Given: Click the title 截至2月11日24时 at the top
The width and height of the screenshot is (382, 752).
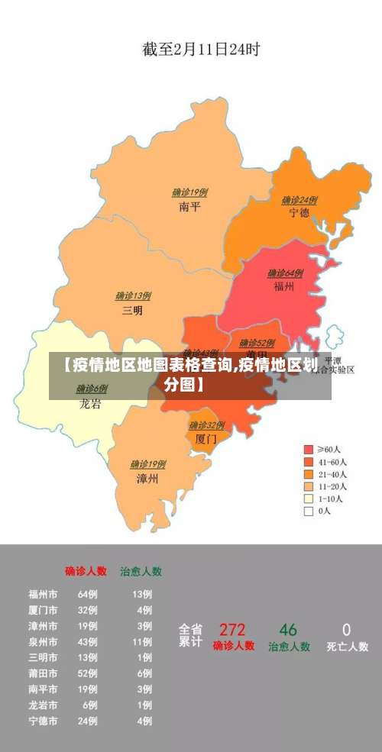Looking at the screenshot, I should [201, 50].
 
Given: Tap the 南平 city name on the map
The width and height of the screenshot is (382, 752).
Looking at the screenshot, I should [189, 207].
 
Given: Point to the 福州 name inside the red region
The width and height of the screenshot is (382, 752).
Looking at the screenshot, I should [284, 287].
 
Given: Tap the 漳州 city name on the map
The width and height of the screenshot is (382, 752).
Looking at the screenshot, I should [147, 479].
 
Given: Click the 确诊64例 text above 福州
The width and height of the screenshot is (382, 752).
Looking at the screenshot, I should [285, 273].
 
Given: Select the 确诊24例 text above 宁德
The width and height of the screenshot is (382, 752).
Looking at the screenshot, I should [299, 200].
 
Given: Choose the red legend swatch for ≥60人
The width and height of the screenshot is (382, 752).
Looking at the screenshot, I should [309, 449].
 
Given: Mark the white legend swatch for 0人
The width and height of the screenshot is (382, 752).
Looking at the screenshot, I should [309, 512].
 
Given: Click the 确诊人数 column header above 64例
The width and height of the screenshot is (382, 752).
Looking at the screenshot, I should [86, 570].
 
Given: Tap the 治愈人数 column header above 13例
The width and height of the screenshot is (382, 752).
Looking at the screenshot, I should [141, 570].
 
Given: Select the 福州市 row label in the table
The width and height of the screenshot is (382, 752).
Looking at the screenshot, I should [43, 594].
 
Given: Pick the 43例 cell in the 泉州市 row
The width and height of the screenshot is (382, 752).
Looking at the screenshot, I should [87, 642].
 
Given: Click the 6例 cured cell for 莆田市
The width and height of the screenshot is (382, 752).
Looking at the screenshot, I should [144, 673].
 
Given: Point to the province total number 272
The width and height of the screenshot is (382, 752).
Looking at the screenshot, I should [232, 630].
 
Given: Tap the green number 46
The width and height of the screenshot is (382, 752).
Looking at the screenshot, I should [288, 630].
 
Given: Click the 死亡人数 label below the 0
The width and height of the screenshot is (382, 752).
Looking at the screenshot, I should [348, 647].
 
